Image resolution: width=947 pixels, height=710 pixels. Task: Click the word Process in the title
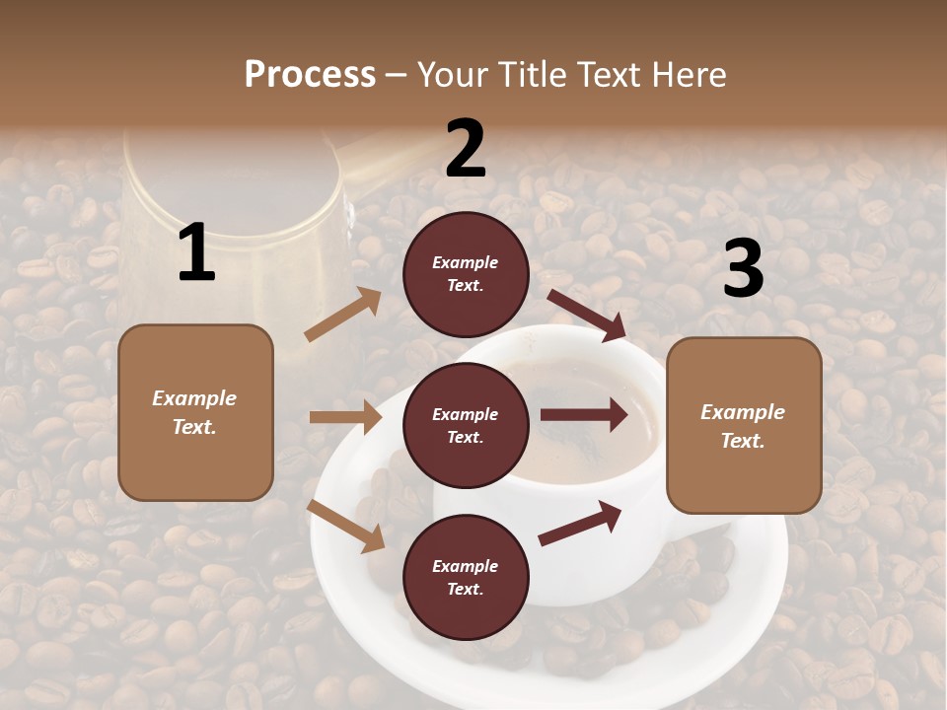pyautogui.click(x=310, y=75)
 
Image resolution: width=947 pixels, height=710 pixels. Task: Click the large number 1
pyautogui.click(x=196, y=253)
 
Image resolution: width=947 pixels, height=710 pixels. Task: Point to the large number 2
pyautogui.click(x=466, y=149)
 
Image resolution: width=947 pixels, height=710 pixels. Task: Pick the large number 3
pyautogui.click(x=743, y=268)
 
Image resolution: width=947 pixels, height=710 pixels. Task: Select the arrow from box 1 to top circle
pyautogui.click(x=343, y=315)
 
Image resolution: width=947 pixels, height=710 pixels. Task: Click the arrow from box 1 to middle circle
pyautogui.click(x=345, y=417)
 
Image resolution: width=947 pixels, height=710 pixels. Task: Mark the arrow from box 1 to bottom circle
pyautogui.click(x=346, y=526)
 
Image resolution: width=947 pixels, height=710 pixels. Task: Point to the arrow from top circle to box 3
pyautogui.click(x=587, y=315)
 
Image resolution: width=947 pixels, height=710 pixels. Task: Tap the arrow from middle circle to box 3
pyautogui.click(x=583, y=415)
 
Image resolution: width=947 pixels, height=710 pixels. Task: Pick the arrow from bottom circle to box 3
pyautogui.click(x=580, y=524)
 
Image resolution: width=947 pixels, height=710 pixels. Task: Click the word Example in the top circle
pyautogui.click(x=466, y=263)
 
